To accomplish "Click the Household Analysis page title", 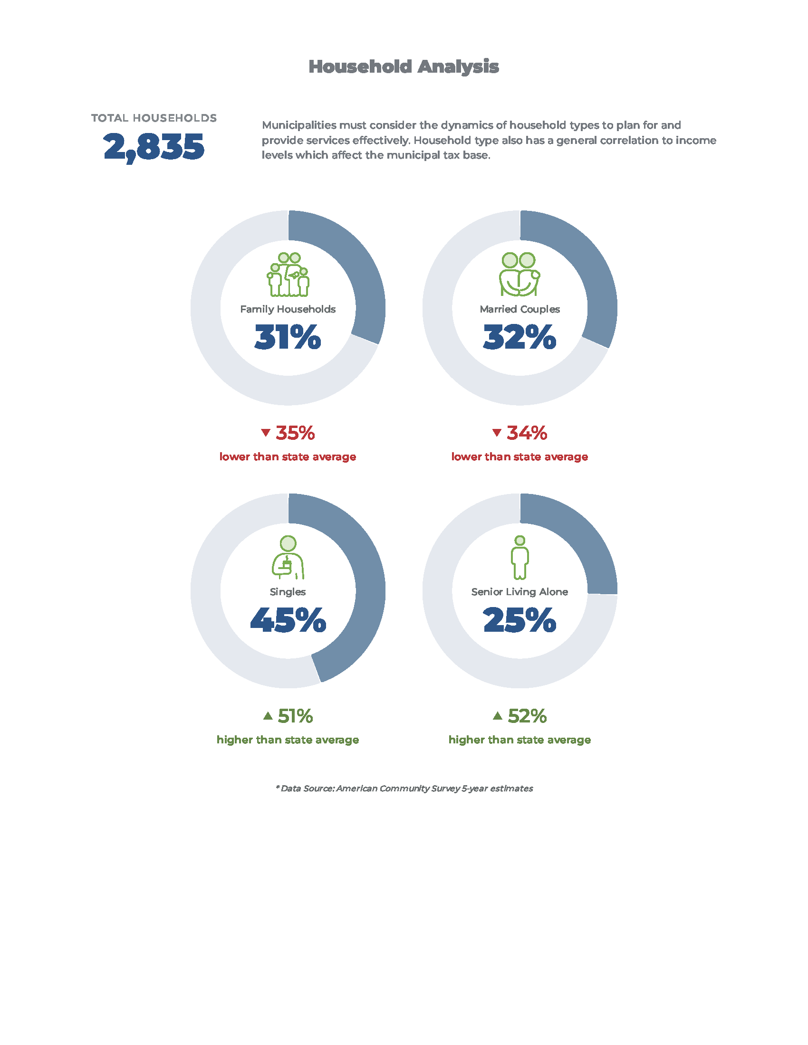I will tap(404, 66).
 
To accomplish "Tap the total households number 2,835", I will tap(154, 146).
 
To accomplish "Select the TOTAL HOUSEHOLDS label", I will tap(154, 118).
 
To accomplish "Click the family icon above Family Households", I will tap(288, 275).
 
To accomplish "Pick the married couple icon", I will tap(519, 275).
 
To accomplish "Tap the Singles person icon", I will tap(288, 558).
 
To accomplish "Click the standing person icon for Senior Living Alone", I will tap(520, 558).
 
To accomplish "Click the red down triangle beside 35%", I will tap(266, 433).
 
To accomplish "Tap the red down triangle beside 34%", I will tap(497, 433).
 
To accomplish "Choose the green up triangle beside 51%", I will tap(268, 716).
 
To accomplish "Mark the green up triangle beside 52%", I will tap(498, 716).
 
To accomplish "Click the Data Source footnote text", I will tap(404, 788).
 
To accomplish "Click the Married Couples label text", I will tap(519, 309).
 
